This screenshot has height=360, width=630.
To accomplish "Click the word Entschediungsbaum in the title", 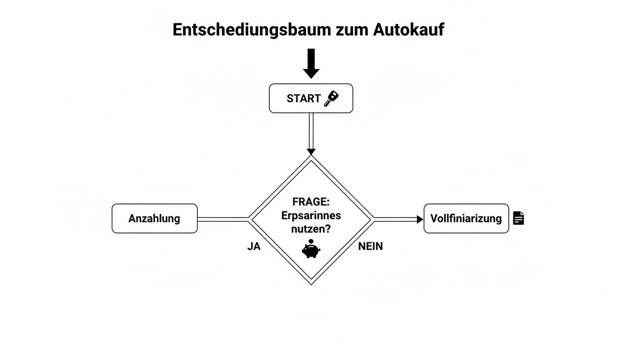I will pyautogui.click(x=252, y=30).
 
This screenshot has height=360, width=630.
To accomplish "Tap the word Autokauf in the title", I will pyautogui.click(x=409, y=30).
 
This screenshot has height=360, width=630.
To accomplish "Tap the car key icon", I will pyautogui.click(x=331, y=98).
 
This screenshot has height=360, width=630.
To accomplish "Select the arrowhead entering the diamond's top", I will pyautogui.click(x=311, y=151).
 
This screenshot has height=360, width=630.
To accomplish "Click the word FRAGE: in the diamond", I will pyautogui.click(x=311, y=202).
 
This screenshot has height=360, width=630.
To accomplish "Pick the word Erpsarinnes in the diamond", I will pyautogui.click(x=311, y=216).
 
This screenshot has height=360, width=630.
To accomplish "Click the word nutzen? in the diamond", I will pyautogui.click(x=311, y=230).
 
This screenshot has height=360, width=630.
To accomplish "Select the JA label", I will pyautogui.click(x=254, y=246).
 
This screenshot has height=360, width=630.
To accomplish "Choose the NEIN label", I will pyautogui.click(x=370, y=246).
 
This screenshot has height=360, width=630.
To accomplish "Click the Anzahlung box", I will pyautogui.click(x=154, y=218).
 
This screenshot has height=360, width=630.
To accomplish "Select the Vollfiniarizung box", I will pyautogui.click(x=466, y=218).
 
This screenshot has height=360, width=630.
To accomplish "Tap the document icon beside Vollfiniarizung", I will pyautogui.click(x=518, y=218).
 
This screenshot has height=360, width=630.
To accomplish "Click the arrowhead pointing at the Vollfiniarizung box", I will pyautogui.click(x=420, y=219).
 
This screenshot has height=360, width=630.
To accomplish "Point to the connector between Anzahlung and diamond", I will pyautogui.click(x=223, y=219).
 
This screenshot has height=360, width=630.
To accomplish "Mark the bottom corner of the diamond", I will pyautogui.click(x=311, y=283).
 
